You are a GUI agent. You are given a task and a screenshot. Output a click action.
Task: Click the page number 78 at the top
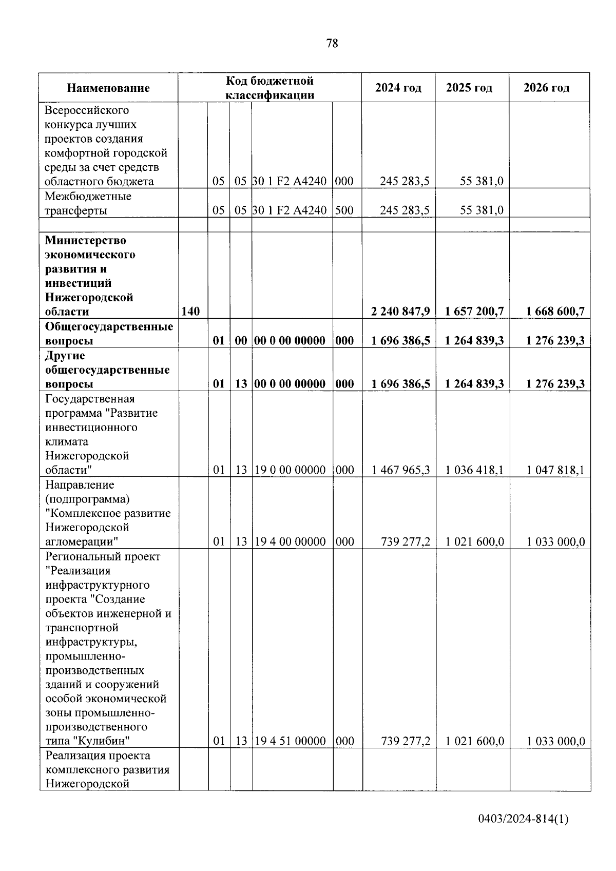pos(332,43)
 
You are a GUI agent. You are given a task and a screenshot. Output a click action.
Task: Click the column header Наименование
pos(108,88)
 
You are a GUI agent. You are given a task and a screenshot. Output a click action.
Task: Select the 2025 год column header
pos(469,88)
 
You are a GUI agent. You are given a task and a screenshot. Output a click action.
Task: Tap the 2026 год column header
pos(546,88)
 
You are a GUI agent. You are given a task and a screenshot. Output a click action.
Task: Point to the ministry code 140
pos(190,312)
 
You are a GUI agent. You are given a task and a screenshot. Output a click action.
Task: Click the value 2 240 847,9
pos(401,312)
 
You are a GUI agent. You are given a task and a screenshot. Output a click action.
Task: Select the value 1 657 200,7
pos(475,312)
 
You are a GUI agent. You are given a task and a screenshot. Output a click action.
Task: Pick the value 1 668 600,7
pos(555,312)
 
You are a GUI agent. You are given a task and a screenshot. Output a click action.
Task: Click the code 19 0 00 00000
pos(290,470)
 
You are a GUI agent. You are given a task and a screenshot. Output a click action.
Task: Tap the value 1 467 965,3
pos(401,470)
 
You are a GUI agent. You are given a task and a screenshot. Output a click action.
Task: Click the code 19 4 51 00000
pos(290,741)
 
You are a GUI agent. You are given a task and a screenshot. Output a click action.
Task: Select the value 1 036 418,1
pos(475,470)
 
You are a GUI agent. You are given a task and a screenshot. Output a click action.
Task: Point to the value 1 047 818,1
pos(555,470)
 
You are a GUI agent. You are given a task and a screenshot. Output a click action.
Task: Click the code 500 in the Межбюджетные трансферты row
pos(344,210)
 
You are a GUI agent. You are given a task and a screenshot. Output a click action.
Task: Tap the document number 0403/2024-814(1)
pos(523,820)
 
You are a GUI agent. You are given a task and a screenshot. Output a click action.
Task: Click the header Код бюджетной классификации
pos(270,88)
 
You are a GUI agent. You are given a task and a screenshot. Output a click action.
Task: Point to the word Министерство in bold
pos(86,240)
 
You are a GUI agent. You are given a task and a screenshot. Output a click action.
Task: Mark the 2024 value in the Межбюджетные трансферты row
pos(405,210)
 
